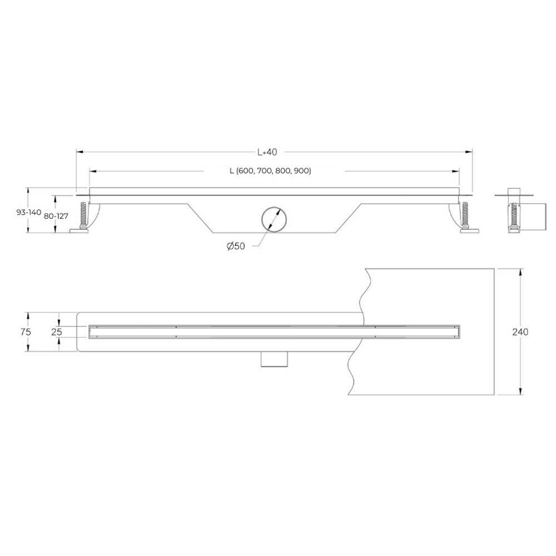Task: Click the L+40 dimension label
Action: (x=267, y=152)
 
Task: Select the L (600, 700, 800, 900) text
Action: (x=270, y=171)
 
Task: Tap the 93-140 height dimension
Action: (x=29, y=212)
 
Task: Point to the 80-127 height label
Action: (x=56, y=216)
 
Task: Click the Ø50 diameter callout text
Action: (x=236, y=246)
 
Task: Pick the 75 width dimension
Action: (x=26, y=331)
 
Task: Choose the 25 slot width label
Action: (x=57, y=332)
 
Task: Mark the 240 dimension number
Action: (x=520, y=332)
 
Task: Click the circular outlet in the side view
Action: (x=274, y=219)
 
